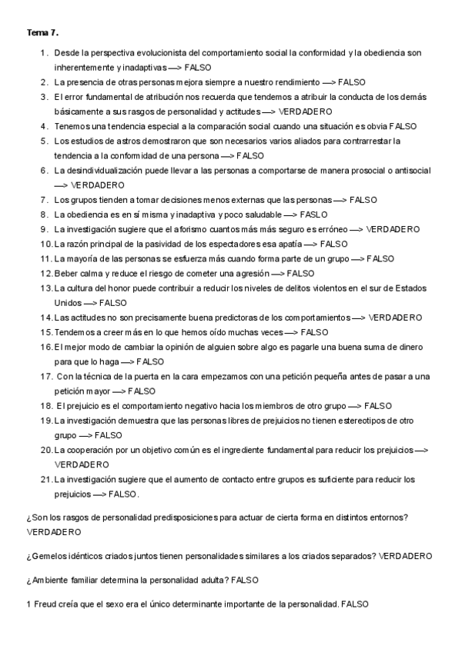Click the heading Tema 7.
click(42, 33)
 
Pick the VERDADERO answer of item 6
click(97, 185)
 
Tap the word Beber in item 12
click(66, 273)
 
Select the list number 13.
click(46, 288)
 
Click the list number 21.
click(46, 479)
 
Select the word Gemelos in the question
click(48, 555)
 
